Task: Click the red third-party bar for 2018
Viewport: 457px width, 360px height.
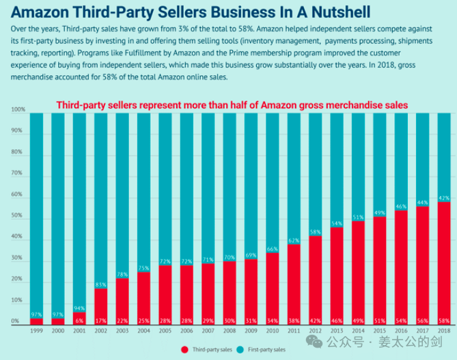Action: coord(443,260)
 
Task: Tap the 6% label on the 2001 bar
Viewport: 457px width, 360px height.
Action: coord(79,320)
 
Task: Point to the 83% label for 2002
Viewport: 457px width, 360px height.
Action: coord(100,284)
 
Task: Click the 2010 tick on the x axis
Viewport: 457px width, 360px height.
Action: coord(272,331)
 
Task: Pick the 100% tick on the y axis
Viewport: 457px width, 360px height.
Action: coord(18,110)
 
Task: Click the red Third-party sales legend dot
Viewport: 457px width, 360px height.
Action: coord(184,349)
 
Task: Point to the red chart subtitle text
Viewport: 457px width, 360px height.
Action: coord(232,105)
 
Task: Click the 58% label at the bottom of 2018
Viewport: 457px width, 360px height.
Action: coord(443,320)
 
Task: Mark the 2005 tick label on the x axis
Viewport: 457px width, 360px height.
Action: coord(165,331)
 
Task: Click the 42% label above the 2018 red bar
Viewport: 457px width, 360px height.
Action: coord(443,197)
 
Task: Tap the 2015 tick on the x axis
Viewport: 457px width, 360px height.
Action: coord(379,331)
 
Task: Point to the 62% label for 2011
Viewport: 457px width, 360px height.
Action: coord(293,240)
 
